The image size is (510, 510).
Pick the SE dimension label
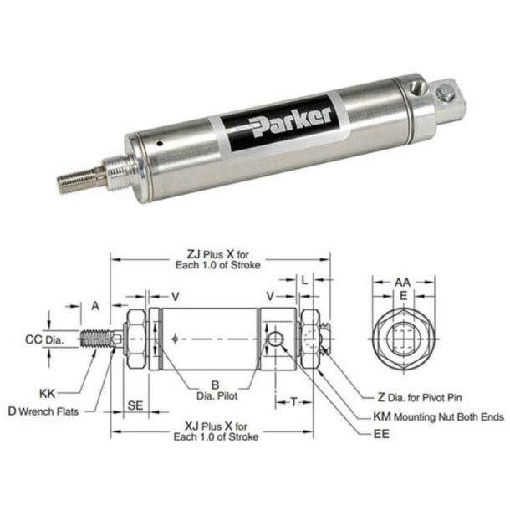click(x=135, y=404)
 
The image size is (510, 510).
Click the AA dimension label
click(x=402, y=283)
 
